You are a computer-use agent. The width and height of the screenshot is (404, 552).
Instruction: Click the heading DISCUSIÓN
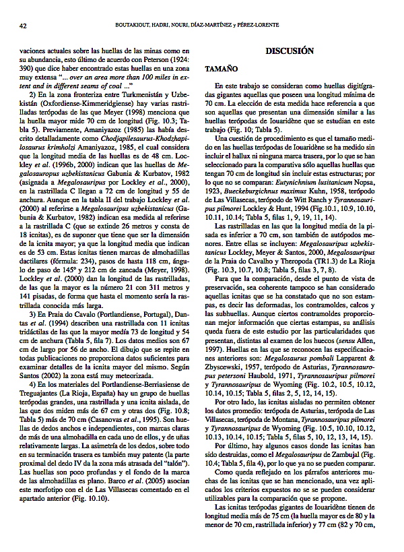pyautogui.click(x=290, y=51)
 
